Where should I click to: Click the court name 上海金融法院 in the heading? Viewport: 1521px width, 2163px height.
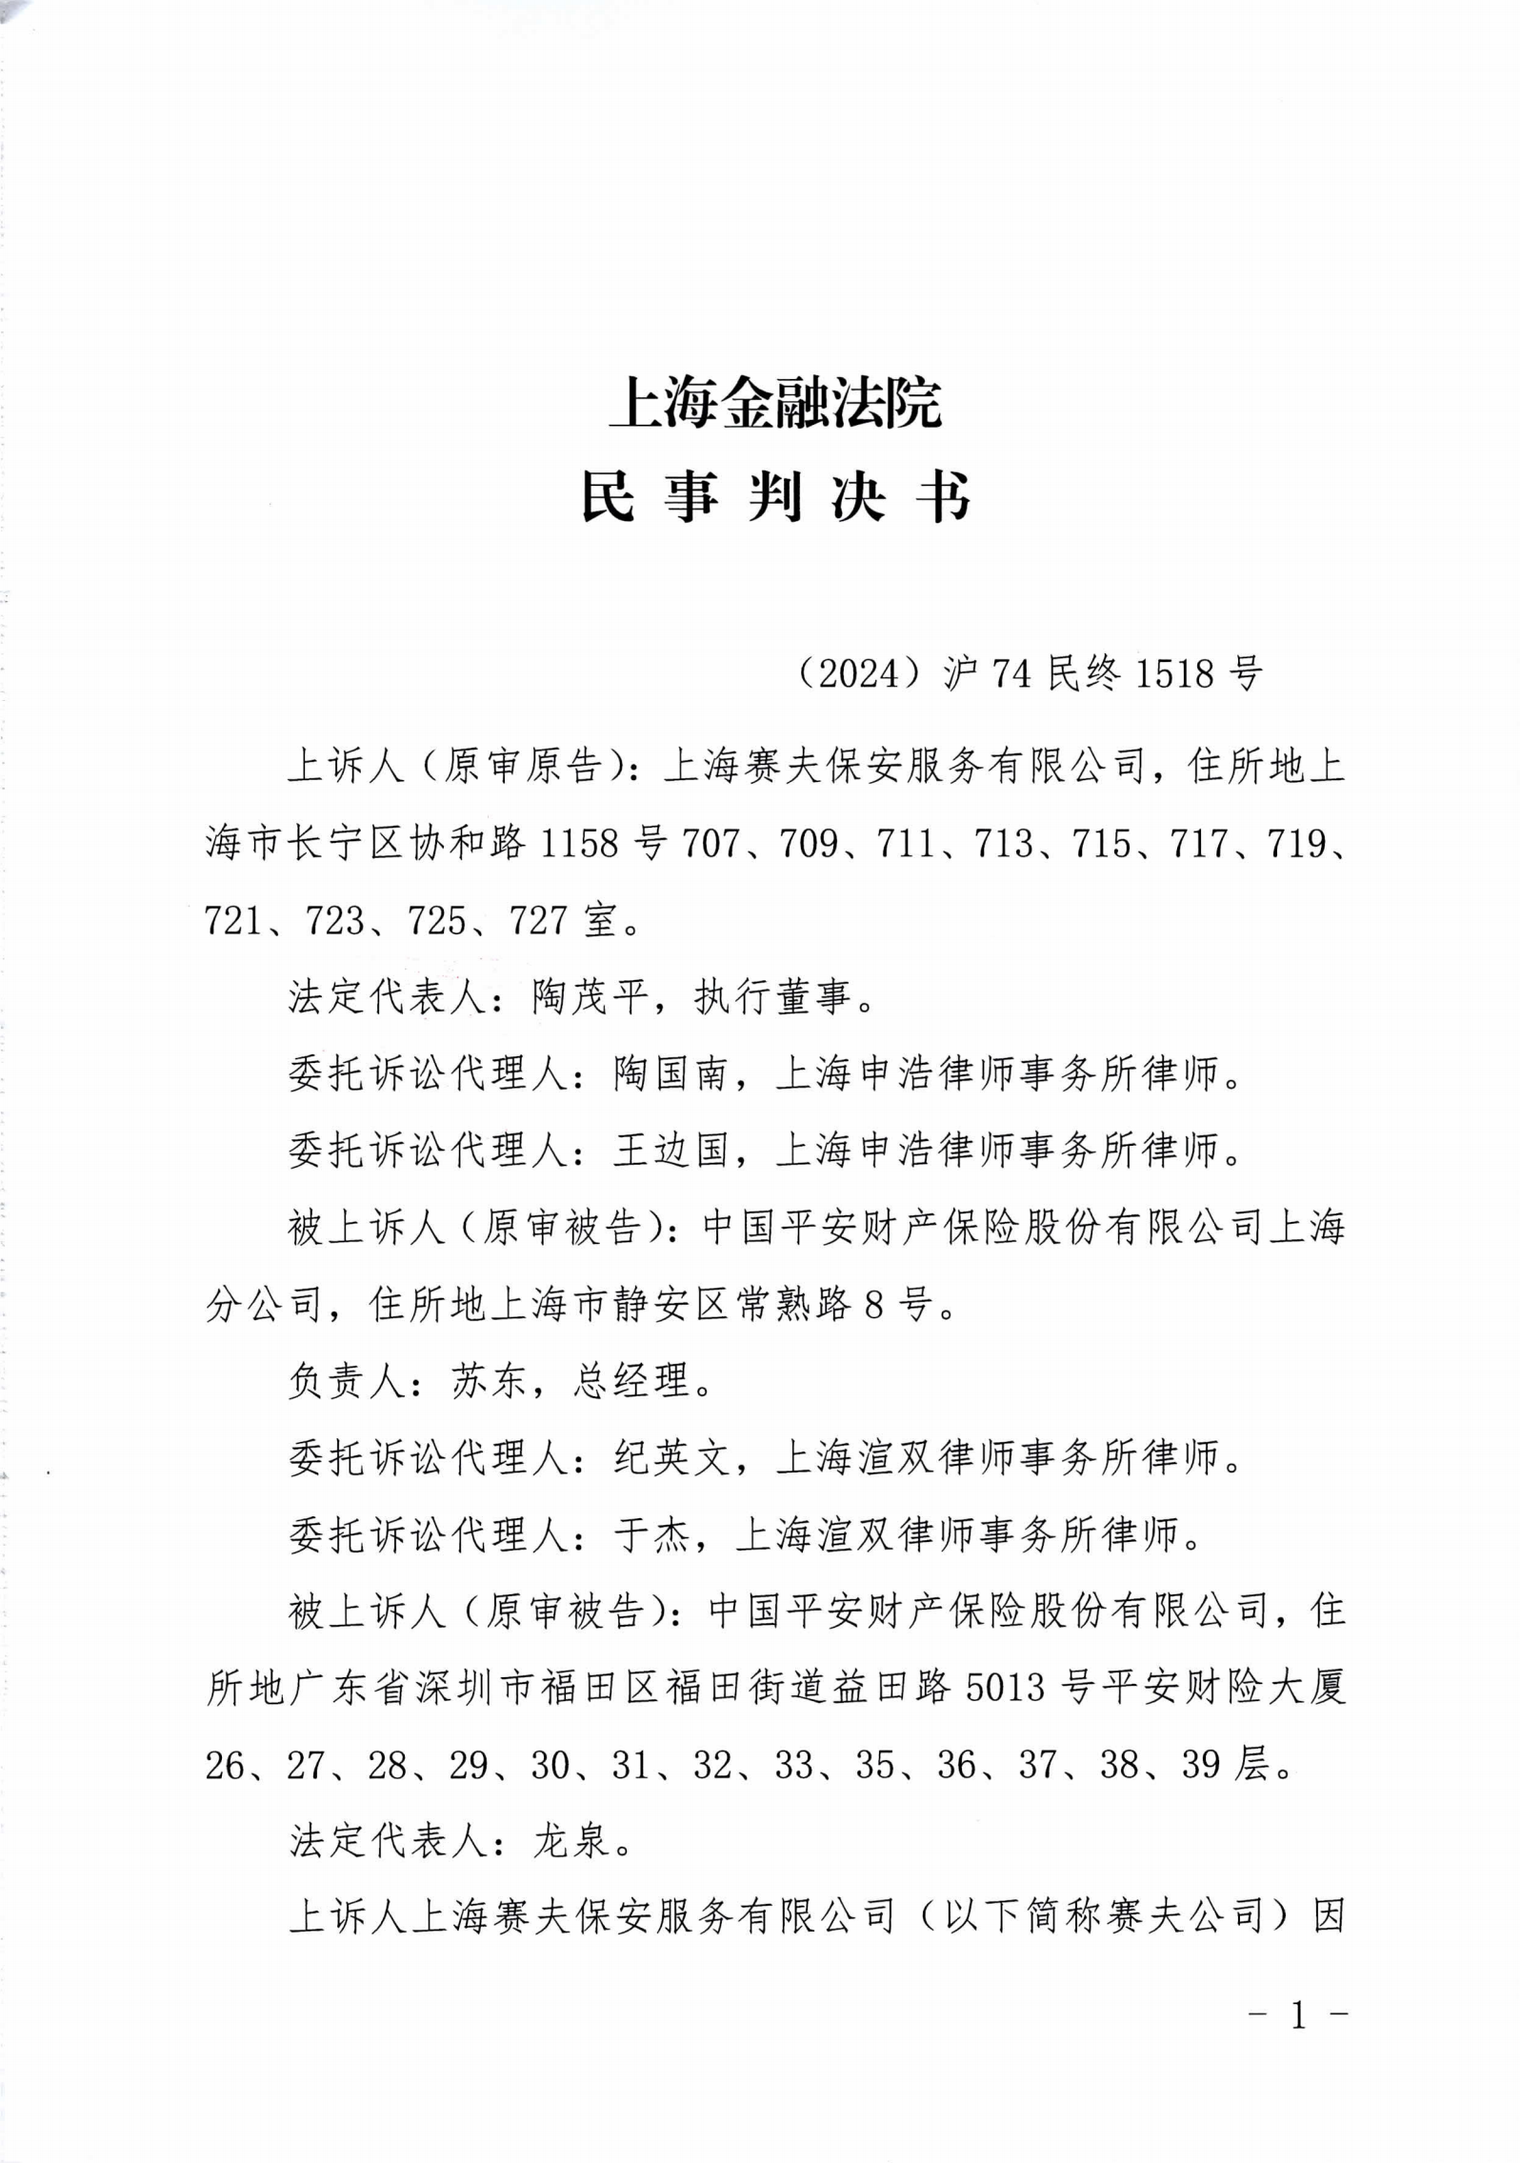click(x=774, y=404)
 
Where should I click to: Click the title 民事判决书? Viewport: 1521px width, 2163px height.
click(x=774, y=498)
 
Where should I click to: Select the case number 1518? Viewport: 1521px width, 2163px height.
click(x=1175, y=674)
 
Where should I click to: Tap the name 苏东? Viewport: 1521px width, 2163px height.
click(x=489, y=1381)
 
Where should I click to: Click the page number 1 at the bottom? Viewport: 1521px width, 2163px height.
click(x=1298, y=2015)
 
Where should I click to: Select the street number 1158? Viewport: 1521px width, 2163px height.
click(x=580, y=844)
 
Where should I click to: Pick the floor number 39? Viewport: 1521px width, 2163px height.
click(x=1201, y=1765)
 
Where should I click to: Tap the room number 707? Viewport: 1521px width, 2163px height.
click(x=710, y=844)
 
